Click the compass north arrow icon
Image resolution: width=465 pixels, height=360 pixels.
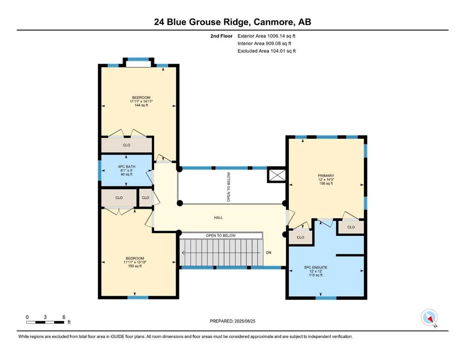429,317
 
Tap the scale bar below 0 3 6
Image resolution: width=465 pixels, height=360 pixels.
45,322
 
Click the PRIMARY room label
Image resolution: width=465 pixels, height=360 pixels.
326,176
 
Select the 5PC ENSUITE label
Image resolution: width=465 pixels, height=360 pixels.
316,267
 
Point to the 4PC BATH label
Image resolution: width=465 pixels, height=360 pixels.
126,166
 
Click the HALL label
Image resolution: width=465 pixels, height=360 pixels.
218,217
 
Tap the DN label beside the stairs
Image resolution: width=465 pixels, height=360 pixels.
269,253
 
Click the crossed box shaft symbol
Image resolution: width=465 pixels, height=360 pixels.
276,175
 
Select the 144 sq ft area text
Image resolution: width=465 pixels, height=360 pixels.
141,105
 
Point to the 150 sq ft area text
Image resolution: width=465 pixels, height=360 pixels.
135,266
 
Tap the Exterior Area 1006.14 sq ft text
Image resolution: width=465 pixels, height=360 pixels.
266,36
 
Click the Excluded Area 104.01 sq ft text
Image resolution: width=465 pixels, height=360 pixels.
266,51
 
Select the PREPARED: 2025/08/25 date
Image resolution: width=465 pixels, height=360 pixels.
232,321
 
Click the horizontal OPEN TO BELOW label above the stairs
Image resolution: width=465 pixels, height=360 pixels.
221,235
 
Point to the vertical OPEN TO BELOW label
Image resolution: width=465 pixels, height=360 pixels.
229,187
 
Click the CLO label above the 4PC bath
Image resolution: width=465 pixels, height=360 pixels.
126,145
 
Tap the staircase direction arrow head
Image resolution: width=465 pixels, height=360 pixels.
183,253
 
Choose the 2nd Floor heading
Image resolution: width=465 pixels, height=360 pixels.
221,36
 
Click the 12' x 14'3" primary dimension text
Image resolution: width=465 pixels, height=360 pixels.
326,180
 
